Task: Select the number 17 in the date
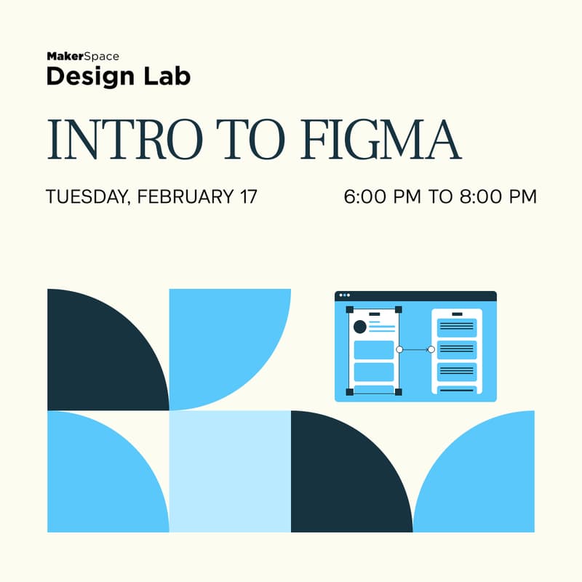(x=246, y=196)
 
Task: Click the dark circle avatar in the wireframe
(x=359, y=327)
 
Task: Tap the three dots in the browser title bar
(x=344, y=295)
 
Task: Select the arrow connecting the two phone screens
(x=415, y=350)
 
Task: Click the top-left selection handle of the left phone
(x=350, y=310)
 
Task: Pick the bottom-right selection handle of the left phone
(x=398, y=391)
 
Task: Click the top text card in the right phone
(x=457, y=327)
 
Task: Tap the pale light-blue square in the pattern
(x=230, y=471)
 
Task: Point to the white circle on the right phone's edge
(x=431, y=350)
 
